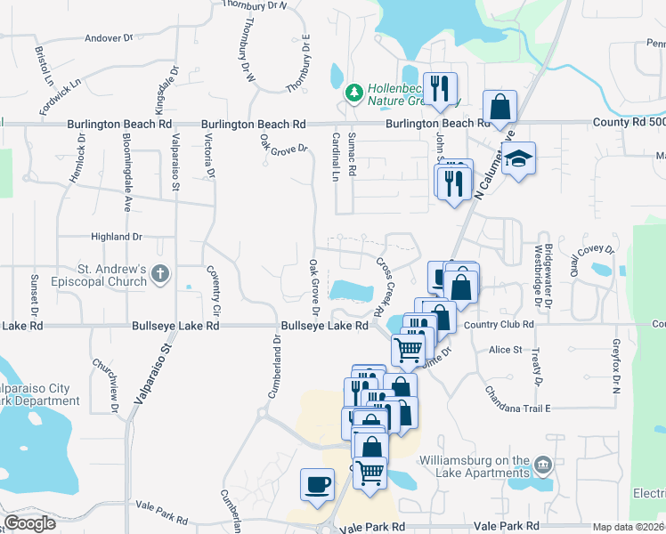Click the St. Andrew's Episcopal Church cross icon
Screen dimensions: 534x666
tap(160, 273)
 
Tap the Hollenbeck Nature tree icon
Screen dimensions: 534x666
tap(354, 92)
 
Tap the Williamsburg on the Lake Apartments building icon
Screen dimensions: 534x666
tap(542, 465)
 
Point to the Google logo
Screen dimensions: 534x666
tap(29, 522)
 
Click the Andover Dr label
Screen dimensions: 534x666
tap(108, 38)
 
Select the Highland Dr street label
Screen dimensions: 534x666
tap(117, 237)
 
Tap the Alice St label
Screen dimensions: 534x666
tap(505, 350)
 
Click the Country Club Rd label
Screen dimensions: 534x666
tap(498, 325)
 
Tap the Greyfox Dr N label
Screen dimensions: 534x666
tap(614, 365)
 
